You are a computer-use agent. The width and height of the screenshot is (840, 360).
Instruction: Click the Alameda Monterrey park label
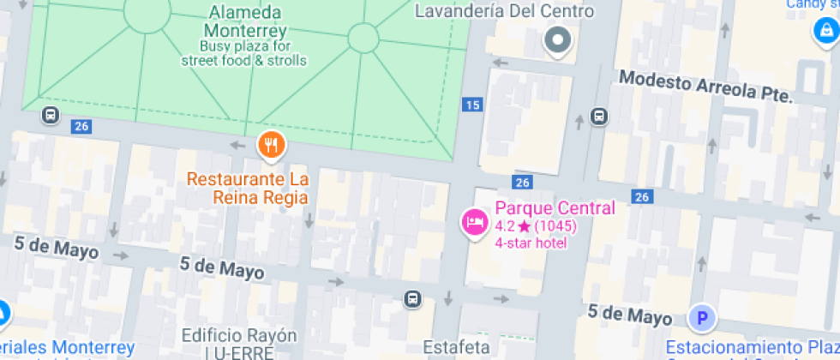tap(244, 21)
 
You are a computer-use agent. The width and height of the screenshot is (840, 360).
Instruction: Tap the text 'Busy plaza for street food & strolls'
tap(244, 53)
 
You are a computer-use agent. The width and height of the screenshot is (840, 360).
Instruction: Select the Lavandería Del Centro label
tap(504, 11)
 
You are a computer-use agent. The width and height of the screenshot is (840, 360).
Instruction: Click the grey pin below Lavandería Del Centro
tap(559, 39)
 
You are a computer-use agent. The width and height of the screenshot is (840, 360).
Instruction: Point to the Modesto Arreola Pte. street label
tap(705, 87)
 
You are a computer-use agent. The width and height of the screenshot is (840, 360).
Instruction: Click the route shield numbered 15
tap(472, 105)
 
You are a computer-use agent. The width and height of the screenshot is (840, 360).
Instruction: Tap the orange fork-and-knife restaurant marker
tap(271, 145)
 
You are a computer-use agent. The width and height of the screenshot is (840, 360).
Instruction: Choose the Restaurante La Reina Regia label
tap(248, 189)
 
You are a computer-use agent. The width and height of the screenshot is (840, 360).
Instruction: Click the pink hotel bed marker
tap(474, 223)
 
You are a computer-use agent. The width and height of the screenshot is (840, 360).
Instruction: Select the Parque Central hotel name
tap(555, 208)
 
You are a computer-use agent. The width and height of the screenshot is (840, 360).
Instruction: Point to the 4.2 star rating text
tap(536, 226)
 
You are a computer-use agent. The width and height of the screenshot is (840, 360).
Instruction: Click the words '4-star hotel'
tap(531, 243)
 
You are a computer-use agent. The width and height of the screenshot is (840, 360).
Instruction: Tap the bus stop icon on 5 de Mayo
tap(413, 298)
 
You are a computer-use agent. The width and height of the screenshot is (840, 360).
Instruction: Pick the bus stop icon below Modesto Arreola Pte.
tap(598, 117)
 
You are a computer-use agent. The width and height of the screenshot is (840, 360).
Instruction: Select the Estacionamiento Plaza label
tap(753, 348)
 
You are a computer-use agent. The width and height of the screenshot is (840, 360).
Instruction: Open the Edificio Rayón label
tap(239, 335)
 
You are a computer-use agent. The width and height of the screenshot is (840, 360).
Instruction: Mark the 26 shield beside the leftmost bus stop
tap(81, 127)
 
